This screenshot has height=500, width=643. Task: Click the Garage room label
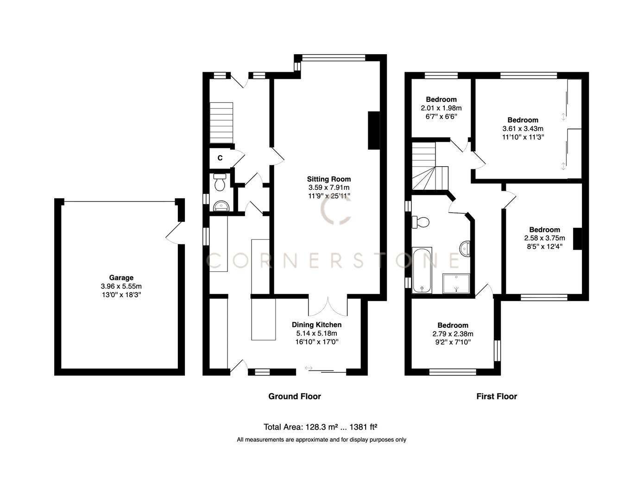click(x=121, y=278)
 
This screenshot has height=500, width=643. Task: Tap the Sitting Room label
click(x=329, y=179)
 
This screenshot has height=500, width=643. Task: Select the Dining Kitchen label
click(x=316, y=325)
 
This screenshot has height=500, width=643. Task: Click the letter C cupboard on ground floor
click(x=220, y=158)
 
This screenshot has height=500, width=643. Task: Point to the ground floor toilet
click(x=220, y=183)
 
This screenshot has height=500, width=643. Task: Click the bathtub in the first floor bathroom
click(x=422, y=270)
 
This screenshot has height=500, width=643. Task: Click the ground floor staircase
click(x=221, y=123)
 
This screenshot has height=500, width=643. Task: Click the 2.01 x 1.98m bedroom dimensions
click(x=441, y=108)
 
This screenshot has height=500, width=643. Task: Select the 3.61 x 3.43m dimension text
click(x=523, y=129)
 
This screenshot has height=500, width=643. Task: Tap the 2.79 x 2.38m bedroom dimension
click(x=453, y=334)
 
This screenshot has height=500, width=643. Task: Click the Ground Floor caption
click(x=295, y=396)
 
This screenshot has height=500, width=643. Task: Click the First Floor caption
click(x=497, y=396)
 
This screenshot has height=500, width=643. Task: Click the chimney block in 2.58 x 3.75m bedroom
click(x=577, y=239)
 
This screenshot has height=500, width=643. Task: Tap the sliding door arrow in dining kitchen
click(x=309, y=368)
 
